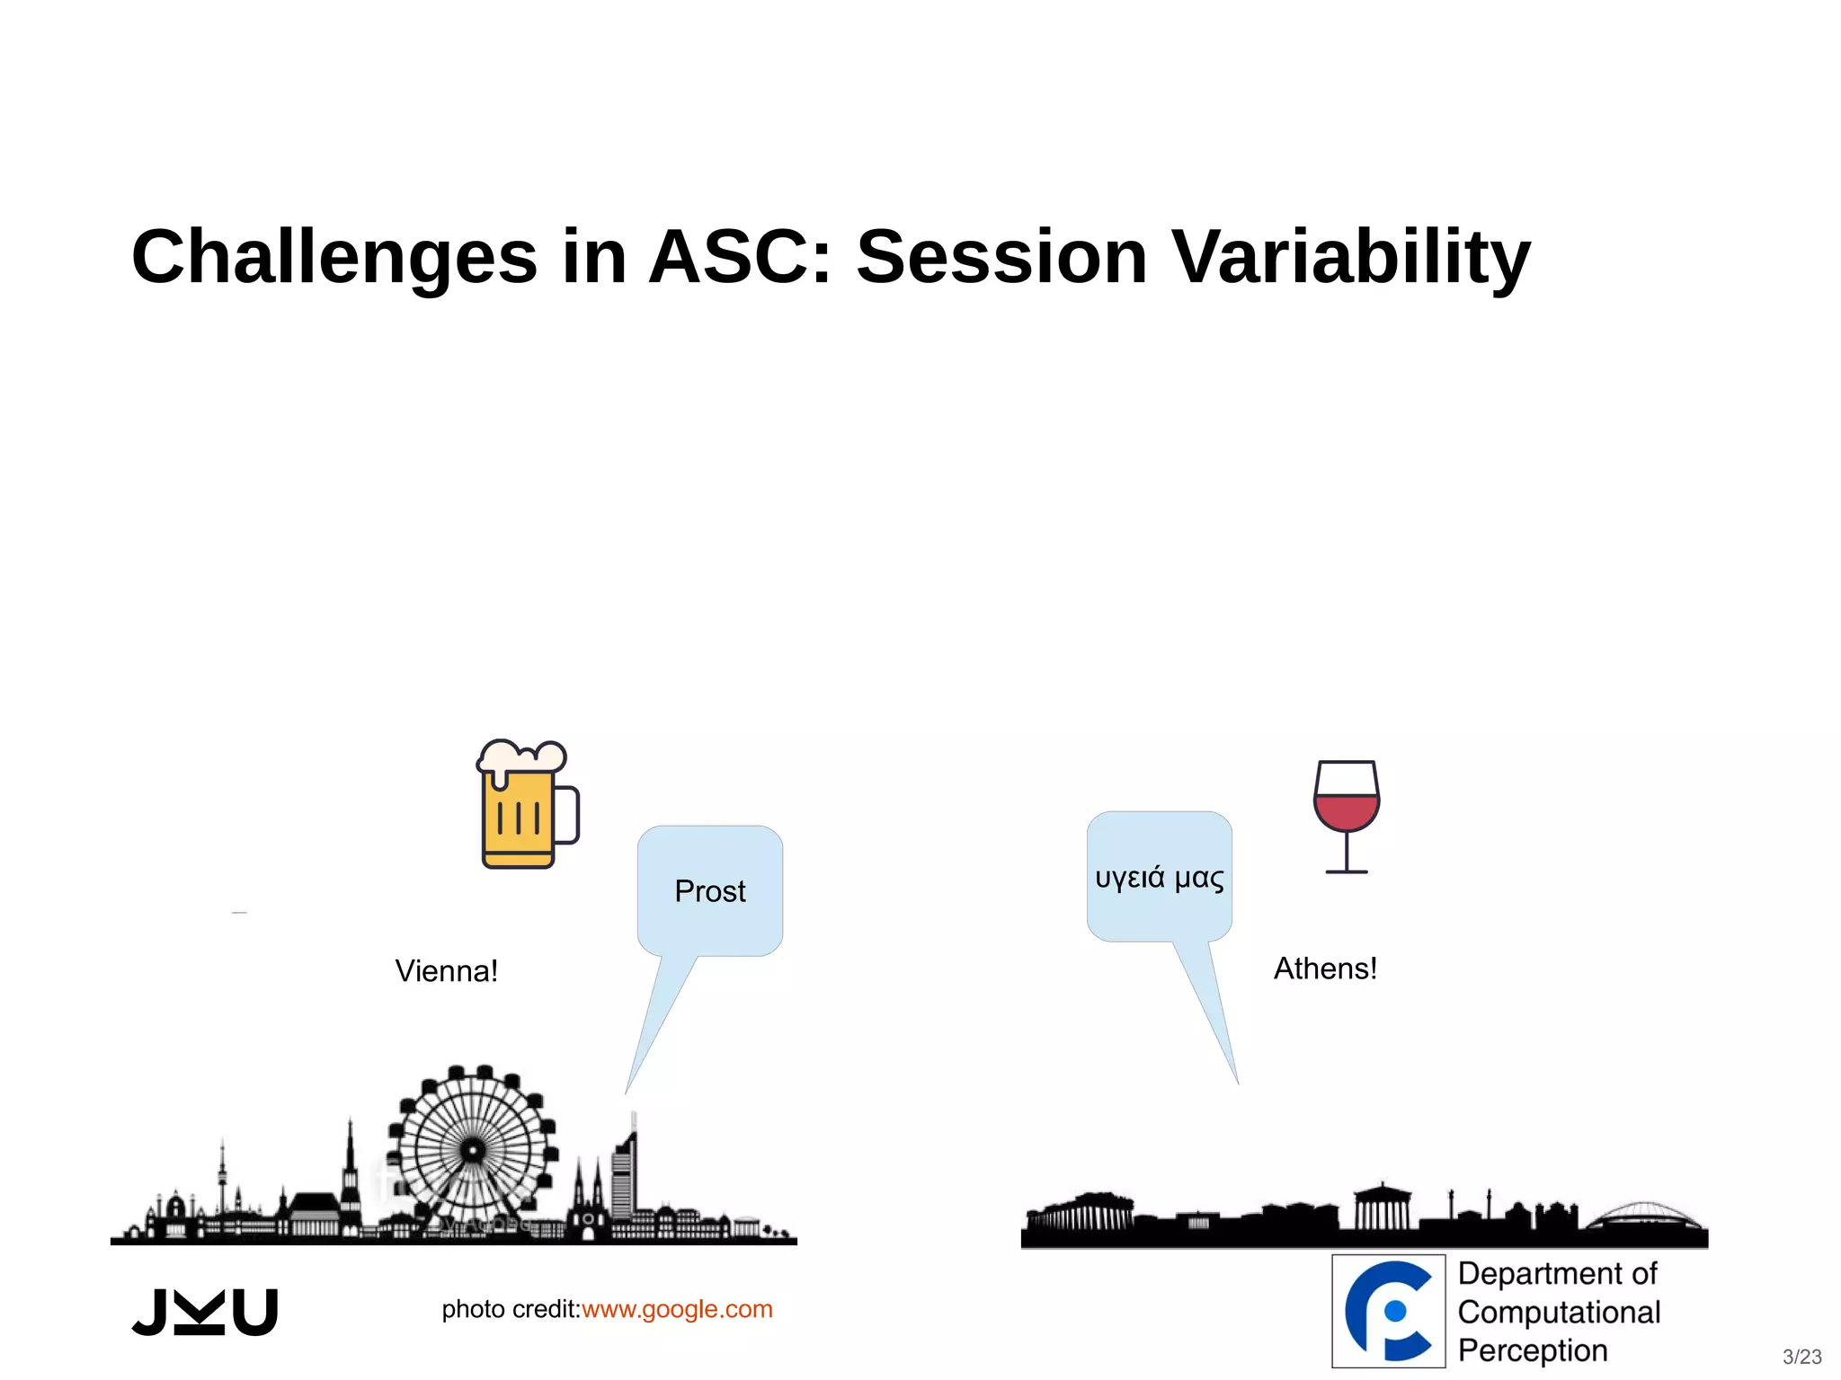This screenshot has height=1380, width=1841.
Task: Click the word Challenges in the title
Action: pyautogui.click(x=334, y=258)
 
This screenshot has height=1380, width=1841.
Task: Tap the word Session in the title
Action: pyautogui.click(x=1001, y=258)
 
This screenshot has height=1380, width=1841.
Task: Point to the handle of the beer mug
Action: pyautogui.click(x=568, y=815)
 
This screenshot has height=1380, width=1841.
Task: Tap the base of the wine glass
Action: pyautogui.click(x=1346, y=871)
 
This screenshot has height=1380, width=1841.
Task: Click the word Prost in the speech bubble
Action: pyautogui.click(x=710, y=891)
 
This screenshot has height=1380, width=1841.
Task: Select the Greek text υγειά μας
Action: pyautogui.click(x=1159, y=877)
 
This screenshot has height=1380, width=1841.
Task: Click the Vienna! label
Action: pyautogui.click(x=446, y=971)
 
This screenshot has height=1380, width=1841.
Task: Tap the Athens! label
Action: pyautogui.click(x=1325, y=969)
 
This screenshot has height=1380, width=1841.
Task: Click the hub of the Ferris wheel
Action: pyautogui.click(x=473, y=1150)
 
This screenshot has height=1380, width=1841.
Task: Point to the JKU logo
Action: pyautogui.click(x=205, y=1313)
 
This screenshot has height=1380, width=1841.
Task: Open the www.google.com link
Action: pyautogui.click(x=677, y=1309)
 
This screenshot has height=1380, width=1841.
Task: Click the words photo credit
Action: pyautogui.click(x=510, y=1309)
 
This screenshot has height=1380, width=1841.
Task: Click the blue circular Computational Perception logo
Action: pyautogui.click(x=1388, y=1311)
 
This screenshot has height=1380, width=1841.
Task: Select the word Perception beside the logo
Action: pyautogui.click(x=1532, y=1350)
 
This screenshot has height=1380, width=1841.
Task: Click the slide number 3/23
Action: pyautogui.click(x=1801, y=1357)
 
